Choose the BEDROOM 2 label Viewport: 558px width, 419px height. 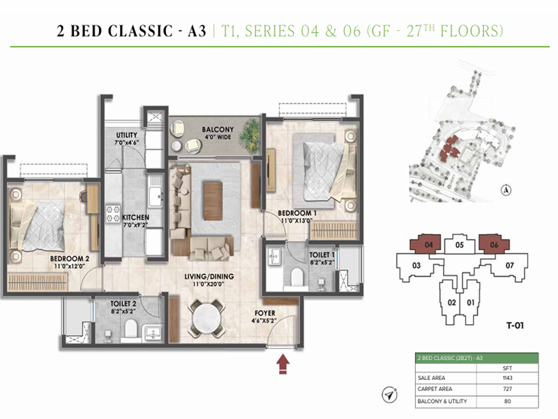[70, 258]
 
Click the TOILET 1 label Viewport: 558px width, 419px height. [323, 256]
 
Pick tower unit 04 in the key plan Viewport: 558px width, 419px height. [429, 245]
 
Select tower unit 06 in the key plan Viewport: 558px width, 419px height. [494, 245]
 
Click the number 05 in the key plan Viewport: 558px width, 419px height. [460, 246]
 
